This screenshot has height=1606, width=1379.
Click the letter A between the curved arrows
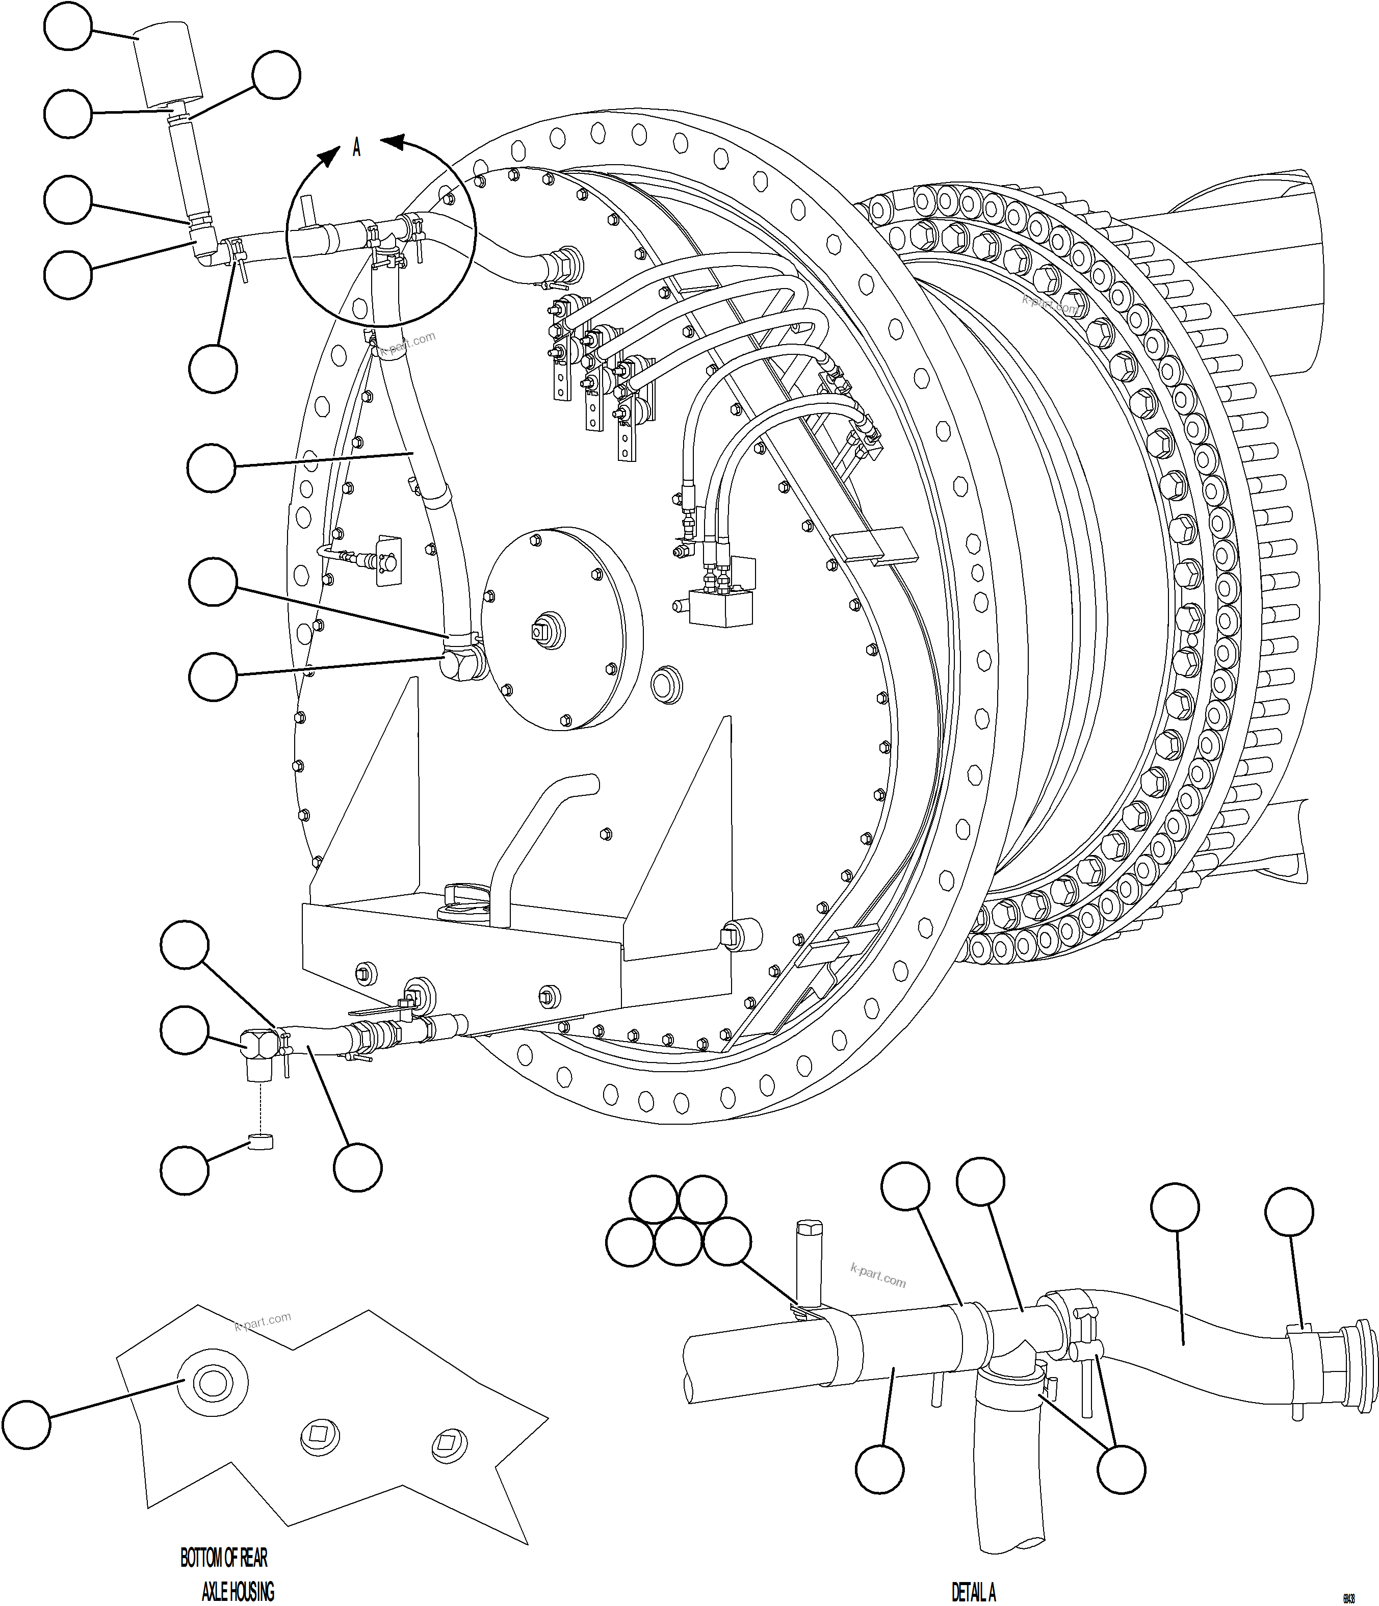356,147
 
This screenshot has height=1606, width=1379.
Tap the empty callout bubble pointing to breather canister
69,25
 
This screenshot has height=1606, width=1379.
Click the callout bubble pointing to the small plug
185,1171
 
